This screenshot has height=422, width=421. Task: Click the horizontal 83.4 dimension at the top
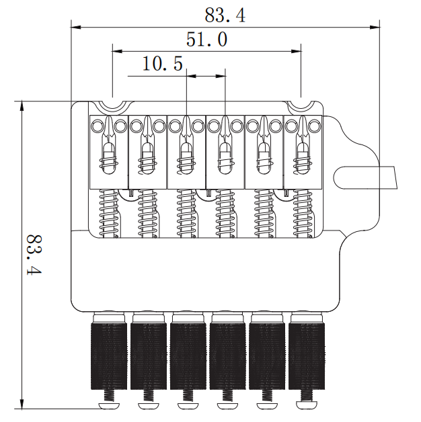tap(225, 15)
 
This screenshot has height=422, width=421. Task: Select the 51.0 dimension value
tap(206, 39)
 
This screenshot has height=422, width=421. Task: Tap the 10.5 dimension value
tap(163, 64)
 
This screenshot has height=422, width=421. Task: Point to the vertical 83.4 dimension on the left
tap(34, 255)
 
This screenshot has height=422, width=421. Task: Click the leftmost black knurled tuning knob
tap(109, 355)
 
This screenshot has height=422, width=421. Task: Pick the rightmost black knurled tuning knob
tap(307, 355)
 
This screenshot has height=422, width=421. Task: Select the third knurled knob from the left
tap(188, 355)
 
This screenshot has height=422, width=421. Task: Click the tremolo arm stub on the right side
tap(365, 177)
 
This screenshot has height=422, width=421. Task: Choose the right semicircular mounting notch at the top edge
tap(301, 108)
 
